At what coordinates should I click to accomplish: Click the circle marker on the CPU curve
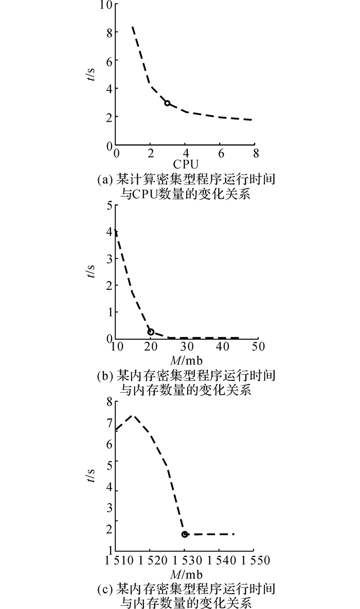click(x=167, y=103)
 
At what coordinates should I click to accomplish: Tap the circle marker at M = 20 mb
click(x=151, y=331)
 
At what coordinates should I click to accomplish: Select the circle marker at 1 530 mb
click(x=185, y=534)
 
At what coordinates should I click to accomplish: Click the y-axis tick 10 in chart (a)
click(x=106, y=5)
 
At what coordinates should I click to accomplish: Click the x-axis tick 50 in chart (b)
click(x=258, y=346)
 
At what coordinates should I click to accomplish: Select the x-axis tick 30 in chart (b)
click(x=187, y=346)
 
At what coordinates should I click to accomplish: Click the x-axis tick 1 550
click(x=257, y=561)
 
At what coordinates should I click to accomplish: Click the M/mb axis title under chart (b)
click(x=186, y=360)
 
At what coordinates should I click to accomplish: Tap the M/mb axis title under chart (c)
click(x=186, y=575)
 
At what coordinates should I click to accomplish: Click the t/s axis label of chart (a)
click(x=90, y=74)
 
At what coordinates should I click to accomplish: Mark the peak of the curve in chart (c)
click(x=133, y=415)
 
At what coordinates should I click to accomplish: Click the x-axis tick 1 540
click(x=222, y=561)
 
